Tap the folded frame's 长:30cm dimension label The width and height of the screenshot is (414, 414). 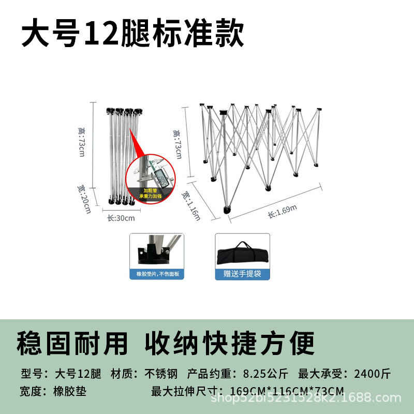(x=121, y=218)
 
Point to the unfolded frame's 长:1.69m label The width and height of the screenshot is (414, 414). (x=282, y=211)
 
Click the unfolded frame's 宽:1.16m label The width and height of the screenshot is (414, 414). (x=191, y=205)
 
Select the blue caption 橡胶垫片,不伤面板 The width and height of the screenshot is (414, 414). (x=156, y=274)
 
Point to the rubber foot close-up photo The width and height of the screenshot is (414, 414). (x=156, y=250)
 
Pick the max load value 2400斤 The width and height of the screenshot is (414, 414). (x=372, y=374)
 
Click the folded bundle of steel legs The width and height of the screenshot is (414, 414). (x=120, y=155)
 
